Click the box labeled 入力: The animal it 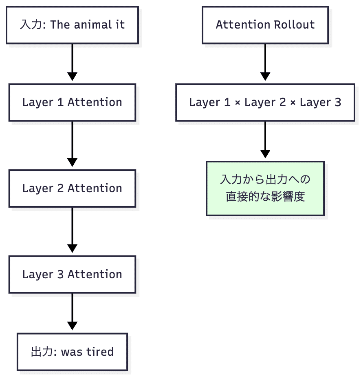pos(72,25)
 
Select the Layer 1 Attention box pos(72,102)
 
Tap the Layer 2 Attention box pos(72,188)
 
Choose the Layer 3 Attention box pos(72,275)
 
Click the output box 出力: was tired pos(72,352)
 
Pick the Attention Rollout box pos(265,25)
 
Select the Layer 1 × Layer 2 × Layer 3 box pos(265,102)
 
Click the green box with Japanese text pos(265,188)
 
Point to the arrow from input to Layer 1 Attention pos(72,61)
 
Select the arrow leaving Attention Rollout pos(265,61)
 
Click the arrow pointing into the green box pos(265,139)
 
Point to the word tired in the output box pos(100,352)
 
